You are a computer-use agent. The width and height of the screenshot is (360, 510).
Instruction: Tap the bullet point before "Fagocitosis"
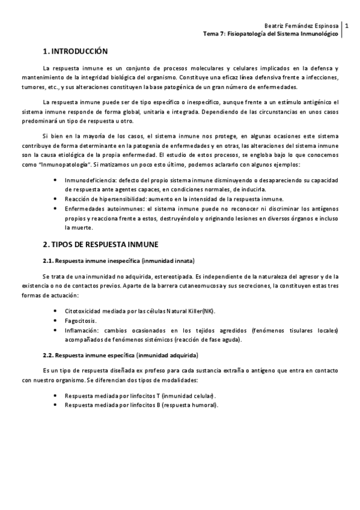[x=55, y=321]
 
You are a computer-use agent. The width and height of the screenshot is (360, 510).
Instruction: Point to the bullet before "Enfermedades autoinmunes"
[x=55, y=209]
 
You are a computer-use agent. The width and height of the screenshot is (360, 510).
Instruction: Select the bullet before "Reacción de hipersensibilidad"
[x=55, y=199]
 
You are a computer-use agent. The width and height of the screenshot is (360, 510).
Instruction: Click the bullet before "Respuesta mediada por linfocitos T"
[x=55, y=396]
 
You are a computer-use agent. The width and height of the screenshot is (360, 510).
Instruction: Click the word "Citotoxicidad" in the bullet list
[x=87, y=312]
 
